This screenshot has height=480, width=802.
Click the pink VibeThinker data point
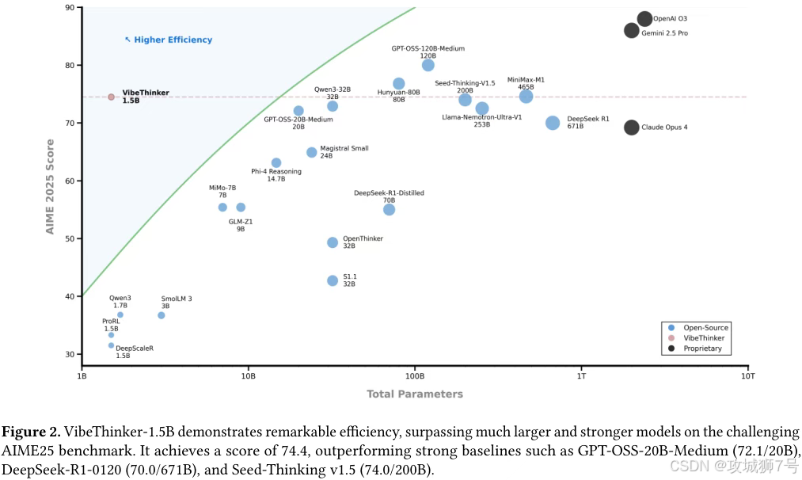coord(111,97)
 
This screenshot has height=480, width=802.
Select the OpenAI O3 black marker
coord(644,19)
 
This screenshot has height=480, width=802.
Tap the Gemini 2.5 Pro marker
coord(632,31)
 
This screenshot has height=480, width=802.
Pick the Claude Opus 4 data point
coord(632,127)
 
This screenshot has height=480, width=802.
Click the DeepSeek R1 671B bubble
coord(553,123)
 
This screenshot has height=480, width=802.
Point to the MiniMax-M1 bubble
coord(526,97)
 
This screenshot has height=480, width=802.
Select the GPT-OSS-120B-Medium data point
coord(428,65)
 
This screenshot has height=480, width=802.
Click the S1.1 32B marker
coord(333,280)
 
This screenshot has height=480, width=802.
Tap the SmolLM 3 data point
coord(162,315)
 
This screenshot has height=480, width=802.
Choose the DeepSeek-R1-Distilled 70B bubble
coord(389,209)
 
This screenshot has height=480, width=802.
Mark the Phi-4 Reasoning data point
coord(276,163)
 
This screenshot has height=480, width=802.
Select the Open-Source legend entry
coord(704,328)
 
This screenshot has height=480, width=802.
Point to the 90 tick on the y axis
coord(70,8)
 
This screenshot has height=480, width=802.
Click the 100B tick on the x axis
coord(415,376)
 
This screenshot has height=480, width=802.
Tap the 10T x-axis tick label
coord(747,376)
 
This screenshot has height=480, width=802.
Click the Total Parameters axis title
coord(415,394)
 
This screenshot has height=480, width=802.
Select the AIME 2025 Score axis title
coord(50,187)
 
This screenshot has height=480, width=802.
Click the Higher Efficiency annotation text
coord(173,40)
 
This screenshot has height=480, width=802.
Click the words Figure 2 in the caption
coord(31,432)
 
